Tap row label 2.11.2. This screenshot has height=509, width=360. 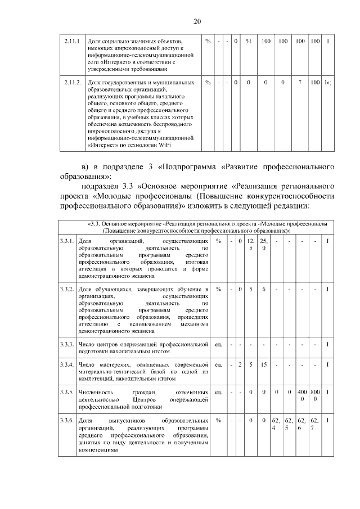coord(72,83)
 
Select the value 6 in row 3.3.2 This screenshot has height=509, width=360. coord(263,289)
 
